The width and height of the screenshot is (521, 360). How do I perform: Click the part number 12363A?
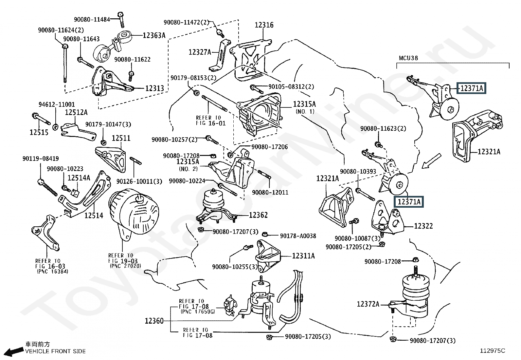154,35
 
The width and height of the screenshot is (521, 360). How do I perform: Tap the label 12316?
264,25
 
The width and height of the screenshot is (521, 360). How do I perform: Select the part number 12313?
155,88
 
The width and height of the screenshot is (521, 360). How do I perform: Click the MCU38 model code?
408,58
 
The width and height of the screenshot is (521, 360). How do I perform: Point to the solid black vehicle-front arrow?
13,351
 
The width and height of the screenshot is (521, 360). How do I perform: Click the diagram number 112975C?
493,351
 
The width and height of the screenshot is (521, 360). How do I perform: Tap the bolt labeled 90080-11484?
121,20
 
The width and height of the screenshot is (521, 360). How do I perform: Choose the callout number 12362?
259,215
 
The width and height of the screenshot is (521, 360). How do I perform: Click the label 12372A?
368,304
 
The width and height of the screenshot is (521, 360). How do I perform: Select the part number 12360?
154,321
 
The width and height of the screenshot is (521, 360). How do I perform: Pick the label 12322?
423,226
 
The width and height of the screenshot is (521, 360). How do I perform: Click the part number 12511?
121,138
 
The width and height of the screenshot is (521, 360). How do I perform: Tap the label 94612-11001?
57,104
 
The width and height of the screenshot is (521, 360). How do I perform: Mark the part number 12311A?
303,256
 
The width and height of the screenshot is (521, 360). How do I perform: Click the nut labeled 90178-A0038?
264,234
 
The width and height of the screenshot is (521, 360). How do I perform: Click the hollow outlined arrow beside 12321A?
431,161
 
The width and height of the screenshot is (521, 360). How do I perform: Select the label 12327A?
200,52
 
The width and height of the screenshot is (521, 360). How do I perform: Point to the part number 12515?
39,132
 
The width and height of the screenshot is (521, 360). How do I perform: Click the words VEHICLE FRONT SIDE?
55,351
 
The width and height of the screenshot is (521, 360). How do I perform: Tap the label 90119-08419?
41,159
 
